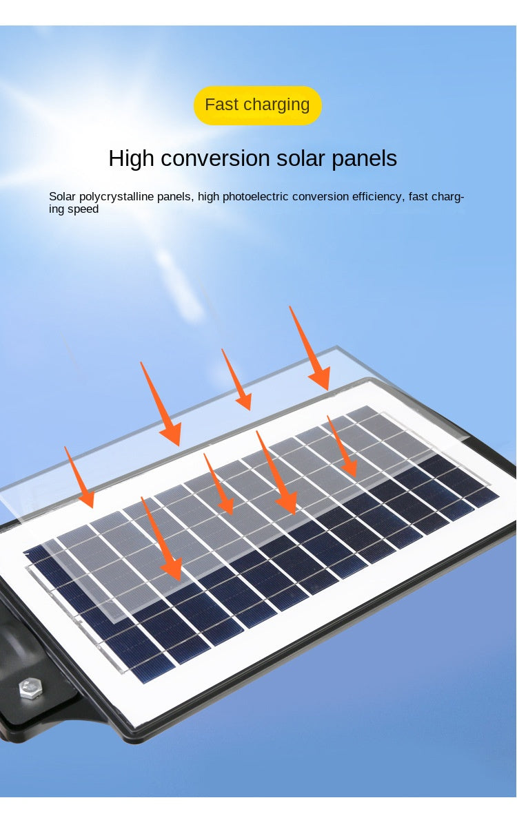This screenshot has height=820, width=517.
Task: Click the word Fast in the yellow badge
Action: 221,105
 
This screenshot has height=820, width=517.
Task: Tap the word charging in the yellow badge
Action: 276,105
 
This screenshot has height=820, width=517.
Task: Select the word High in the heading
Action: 132,159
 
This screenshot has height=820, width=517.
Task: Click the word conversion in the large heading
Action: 215,159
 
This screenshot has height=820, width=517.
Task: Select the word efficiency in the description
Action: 376,197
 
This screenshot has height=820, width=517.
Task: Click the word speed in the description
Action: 83,209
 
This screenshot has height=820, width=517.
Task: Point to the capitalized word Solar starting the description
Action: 63,197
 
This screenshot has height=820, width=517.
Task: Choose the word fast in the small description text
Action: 418,197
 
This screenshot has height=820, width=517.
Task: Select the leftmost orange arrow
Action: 79,477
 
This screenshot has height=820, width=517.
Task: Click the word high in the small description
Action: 209,197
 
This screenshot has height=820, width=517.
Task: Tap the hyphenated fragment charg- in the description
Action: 449,197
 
